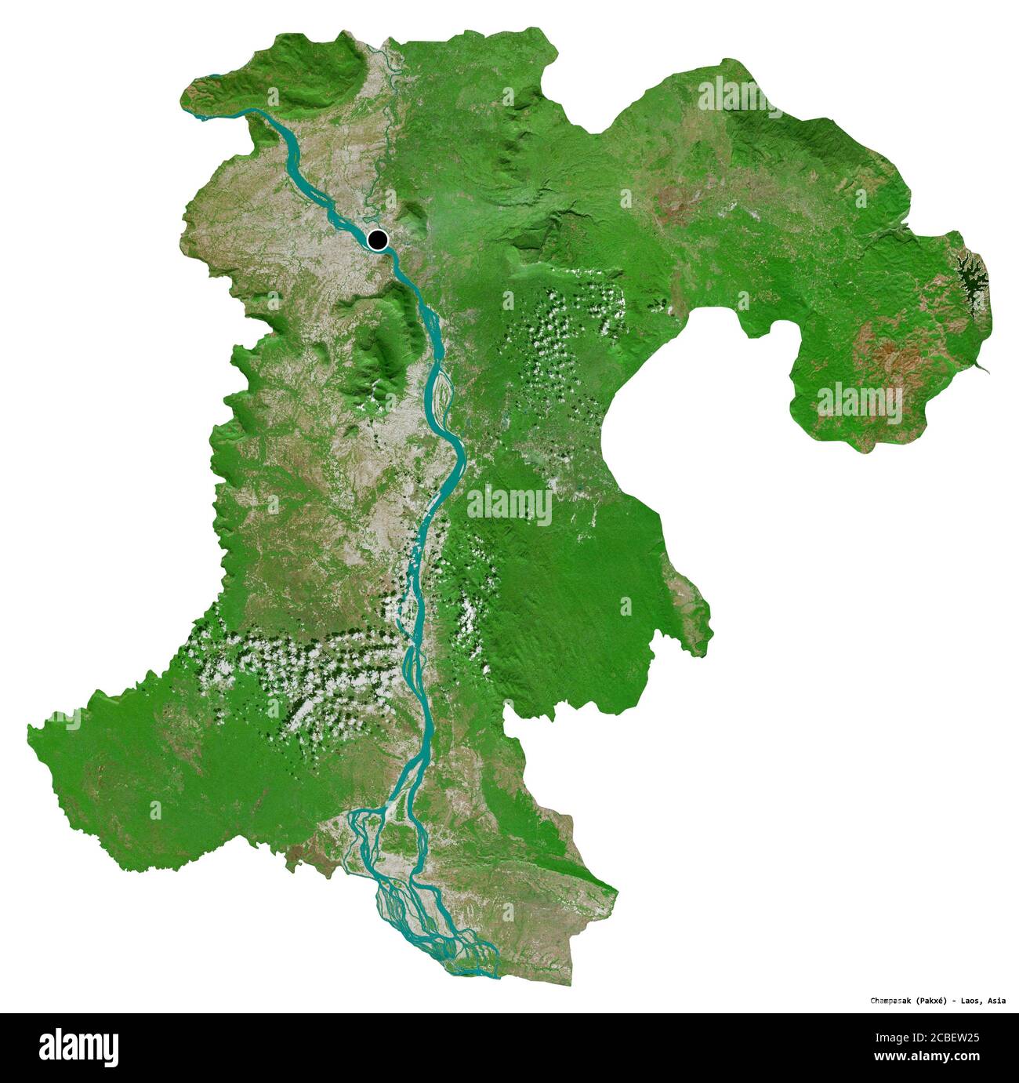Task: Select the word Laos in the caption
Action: [974, 1001]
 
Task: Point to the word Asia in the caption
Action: [997, 1001]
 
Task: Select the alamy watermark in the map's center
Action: [509, 506]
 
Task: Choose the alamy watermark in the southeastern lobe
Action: [860, 401]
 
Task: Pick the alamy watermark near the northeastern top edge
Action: [738, 95]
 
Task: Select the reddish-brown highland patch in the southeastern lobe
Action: [894, 361]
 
